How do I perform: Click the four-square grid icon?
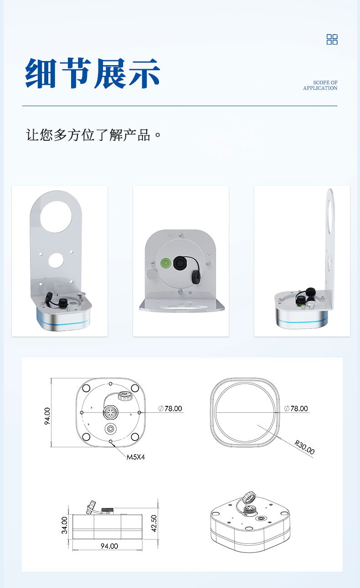(x=332, y=39)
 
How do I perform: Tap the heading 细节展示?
(x=93, y=73)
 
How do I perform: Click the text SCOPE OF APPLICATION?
(x=320, y=85)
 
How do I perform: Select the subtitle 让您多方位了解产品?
(x=93, y=135)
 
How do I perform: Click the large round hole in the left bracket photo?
(x=56, y=217)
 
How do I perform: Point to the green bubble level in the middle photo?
(x=166, y=262)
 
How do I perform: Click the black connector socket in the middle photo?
(x=180, y=263)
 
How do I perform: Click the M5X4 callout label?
(x=135, y=457)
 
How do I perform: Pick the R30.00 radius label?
(x=304, y=447)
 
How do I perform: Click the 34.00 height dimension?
(x=65, y=525)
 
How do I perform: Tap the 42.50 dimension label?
(x=154, y=523)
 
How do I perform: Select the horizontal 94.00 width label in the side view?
(x=109, y=546)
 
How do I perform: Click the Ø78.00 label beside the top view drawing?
(x=170, y=409)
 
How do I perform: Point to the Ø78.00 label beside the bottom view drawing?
(x=296, y=409)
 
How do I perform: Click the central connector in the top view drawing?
(x=111, y=412)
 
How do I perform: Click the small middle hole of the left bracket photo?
(x=56, y=260)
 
